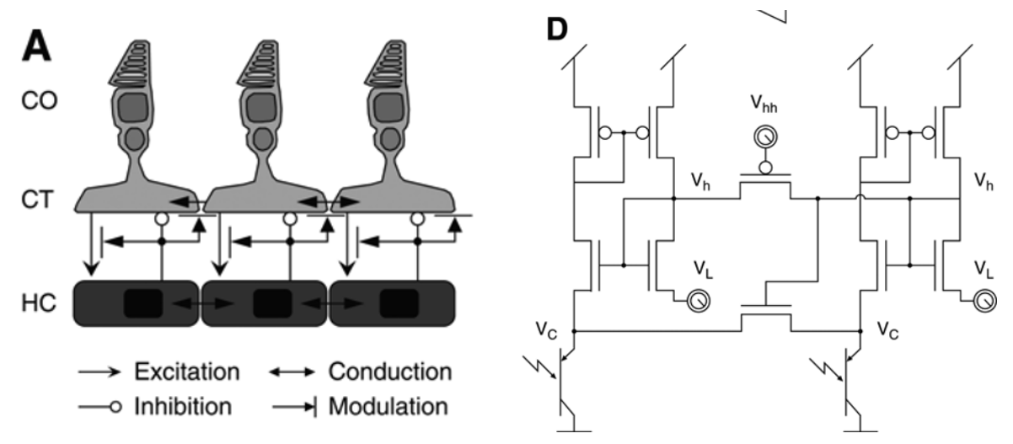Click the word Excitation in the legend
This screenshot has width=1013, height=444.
click(x=185, y=372)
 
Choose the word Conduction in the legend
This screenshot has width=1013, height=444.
click(x=389, y=372)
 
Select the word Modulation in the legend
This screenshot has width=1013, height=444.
click(x=389, y=406)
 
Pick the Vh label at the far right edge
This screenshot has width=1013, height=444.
click(x=983, y=179)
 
